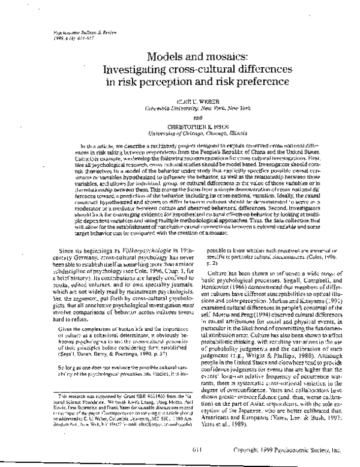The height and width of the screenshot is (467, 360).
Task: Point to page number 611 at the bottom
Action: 180,442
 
